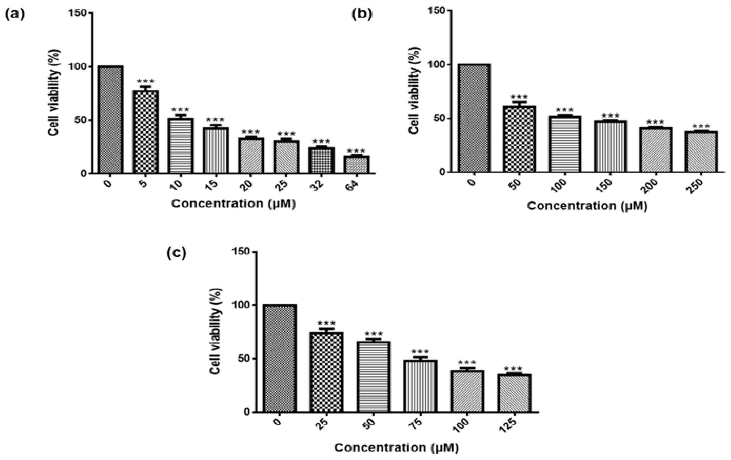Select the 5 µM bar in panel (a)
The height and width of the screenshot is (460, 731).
(x=145, y=132)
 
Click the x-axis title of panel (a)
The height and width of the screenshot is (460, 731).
(x=233, y=203)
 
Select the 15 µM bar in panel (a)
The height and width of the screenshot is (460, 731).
(x=216, y=151)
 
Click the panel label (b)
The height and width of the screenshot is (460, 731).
(x=362, y=15)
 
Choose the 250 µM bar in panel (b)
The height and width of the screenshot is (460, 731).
(x=701, y=152)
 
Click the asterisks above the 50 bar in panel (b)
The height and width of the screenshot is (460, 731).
(x=519, y=97)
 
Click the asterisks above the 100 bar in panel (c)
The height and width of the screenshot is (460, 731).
(x=467, y=362)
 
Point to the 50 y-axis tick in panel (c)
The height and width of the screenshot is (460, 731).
(x=241, y=359)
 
